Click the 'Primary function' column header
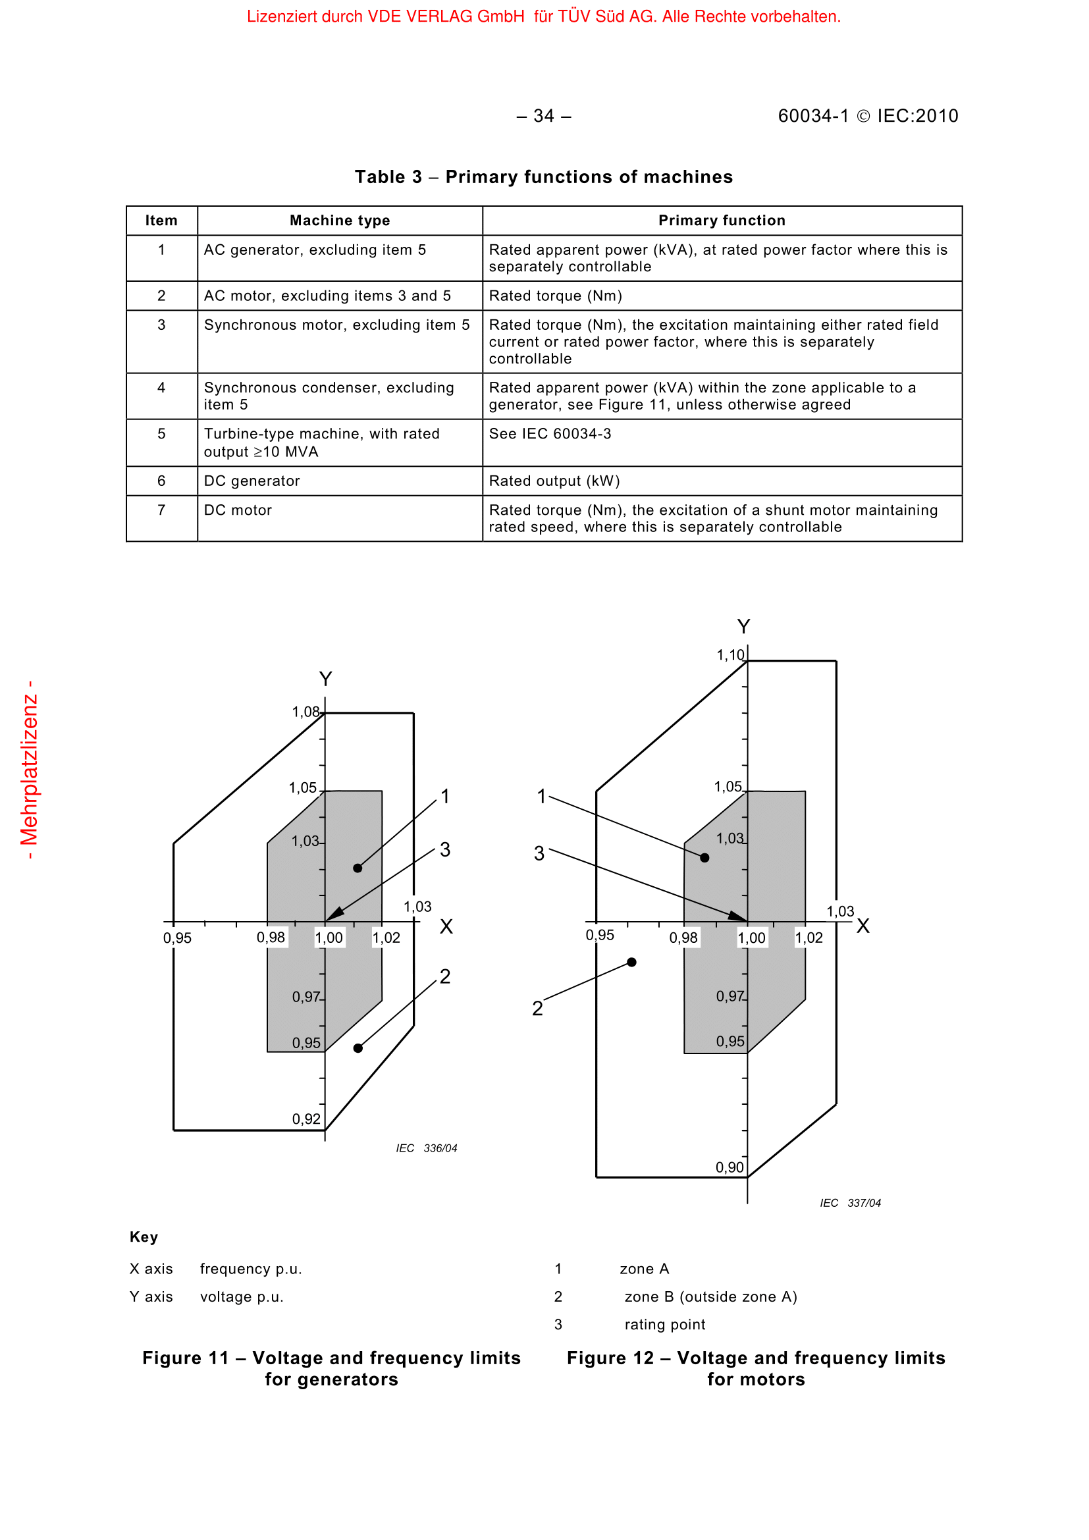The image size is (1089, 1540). (722, 221)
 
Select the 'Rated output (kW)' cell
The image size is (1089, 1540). (554, 481)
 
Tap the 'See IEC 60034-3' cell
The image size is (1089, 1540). (550, 434)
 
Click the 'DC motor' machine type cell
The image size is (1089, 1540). (238, 510)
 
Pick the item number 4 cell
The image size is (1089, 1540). (161, 388)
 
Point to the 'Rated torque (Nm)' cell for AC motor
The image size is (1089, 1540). (555, 296)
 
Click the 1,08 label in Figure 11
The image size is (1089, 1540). (305, 712)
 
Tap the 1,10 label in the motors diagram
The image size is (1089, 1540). (730, 655)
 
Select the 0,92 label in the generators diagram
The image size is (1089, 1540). (306, 1119)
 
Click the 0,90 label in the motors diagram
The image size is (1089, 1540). (730, 1167)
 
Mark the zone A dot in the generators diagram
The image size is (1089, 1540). (358, 868)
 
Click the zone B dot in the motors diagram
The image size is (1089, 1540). (631, 962)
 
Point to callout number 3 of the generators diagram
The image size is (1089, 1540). (445, 850)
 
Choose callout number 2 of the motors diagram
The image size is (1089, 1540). (537, 1008)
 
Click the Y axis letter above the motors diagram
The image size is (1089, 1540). (743, 626)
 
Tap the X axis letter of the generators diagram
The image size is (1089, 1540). (446, 927)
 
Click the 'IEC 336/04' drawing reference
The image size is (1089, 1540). (427, 1148)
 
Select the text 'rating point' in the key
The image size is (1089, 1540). (664, 1325)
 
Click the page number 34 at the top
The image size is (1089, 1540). (544, 116)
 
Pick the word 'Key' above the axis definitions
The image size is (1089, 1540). (144, 1237)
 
